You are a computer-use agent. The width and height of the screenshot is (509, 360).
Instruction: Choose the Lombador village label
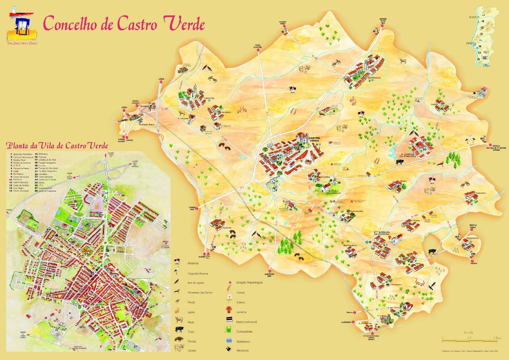(396, 285)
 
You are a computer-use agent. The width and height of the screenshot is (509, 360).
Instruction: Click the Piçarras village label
(227, 228)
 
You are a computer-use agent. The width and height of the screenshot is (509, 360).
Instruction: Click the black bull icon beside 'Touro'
(180, 330)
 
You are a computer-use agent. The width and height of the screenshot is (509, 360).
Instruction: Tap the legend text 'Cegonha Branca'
(198, 273)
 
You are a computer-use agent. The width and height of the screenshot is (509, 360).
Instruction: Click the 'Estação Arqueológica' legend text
(249, 282)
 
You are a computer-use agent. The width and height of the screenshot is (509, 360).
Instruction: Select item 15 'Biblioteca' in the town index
(44, 154)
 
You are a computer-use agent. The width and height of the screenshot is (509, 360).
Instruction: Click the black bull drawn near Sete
(431, 252)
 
